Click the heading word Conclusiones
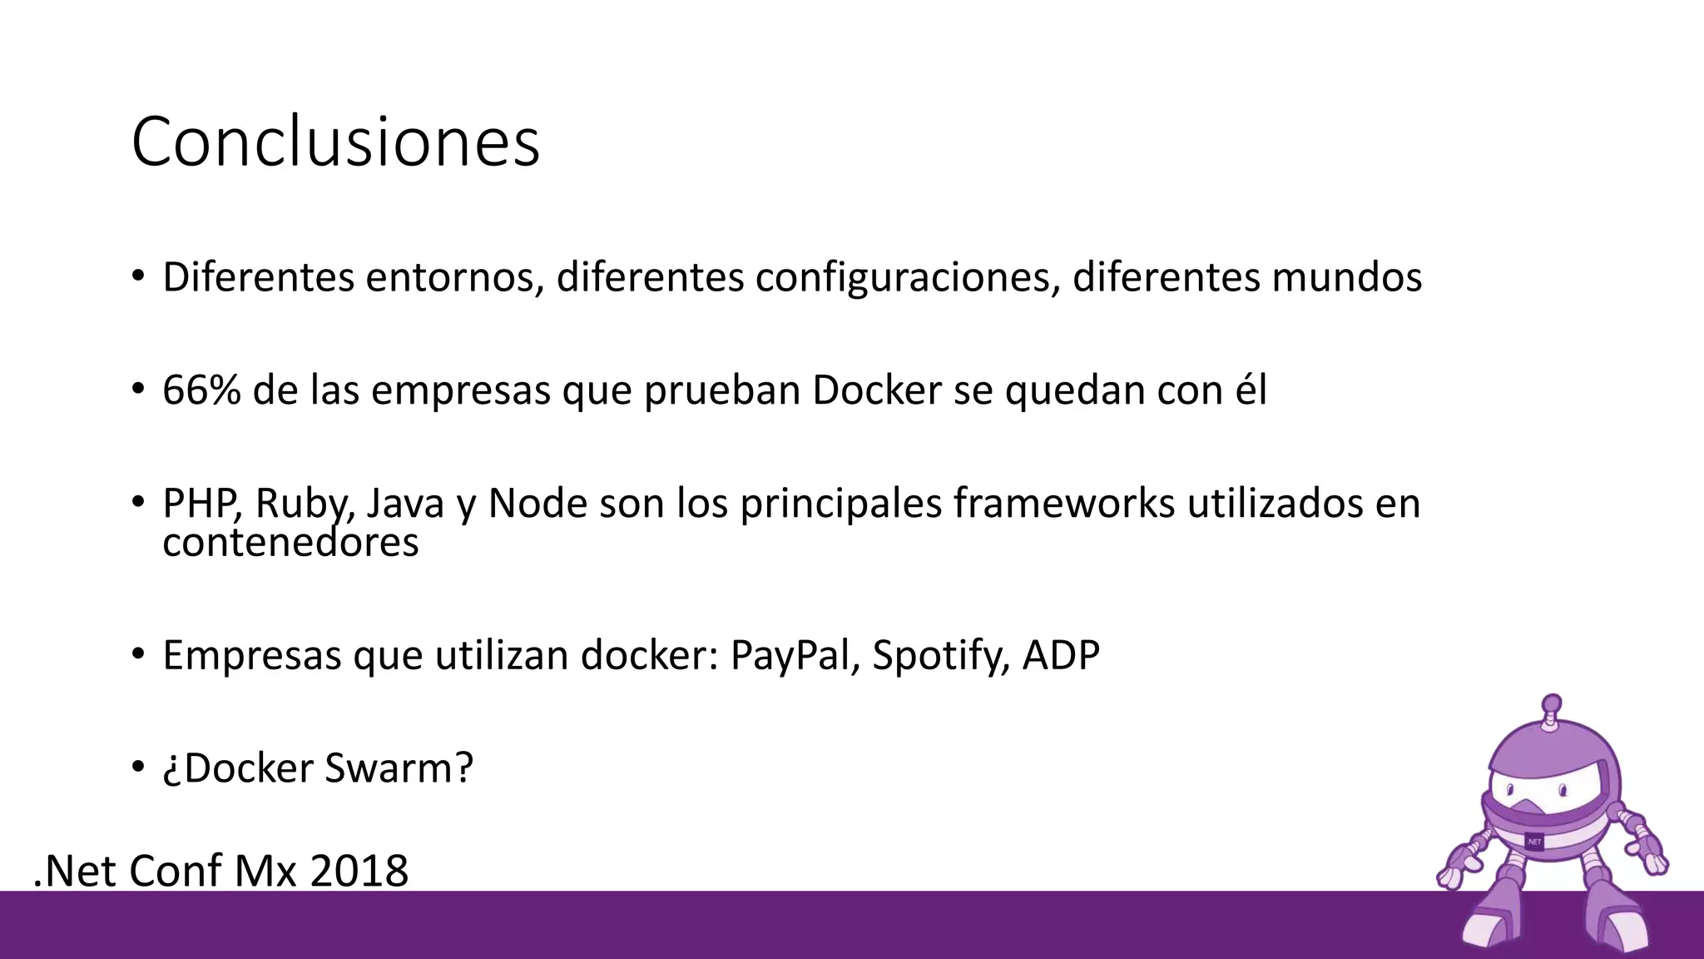pos(335,142)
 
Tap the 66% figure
pos(201,390)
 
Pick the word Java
pos(405,503)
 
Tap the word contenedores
pos(290,543)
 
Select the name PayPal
pos(795,655)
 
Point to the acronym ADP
pos(1061,655)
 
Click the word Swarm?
pos(399,768)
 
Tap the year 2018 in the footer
pos(359,871)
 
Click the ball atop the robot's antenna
pos(1551,703)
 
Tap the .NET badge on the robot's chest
pos(1534,842)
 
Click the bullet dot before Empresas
pos(138,654)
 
